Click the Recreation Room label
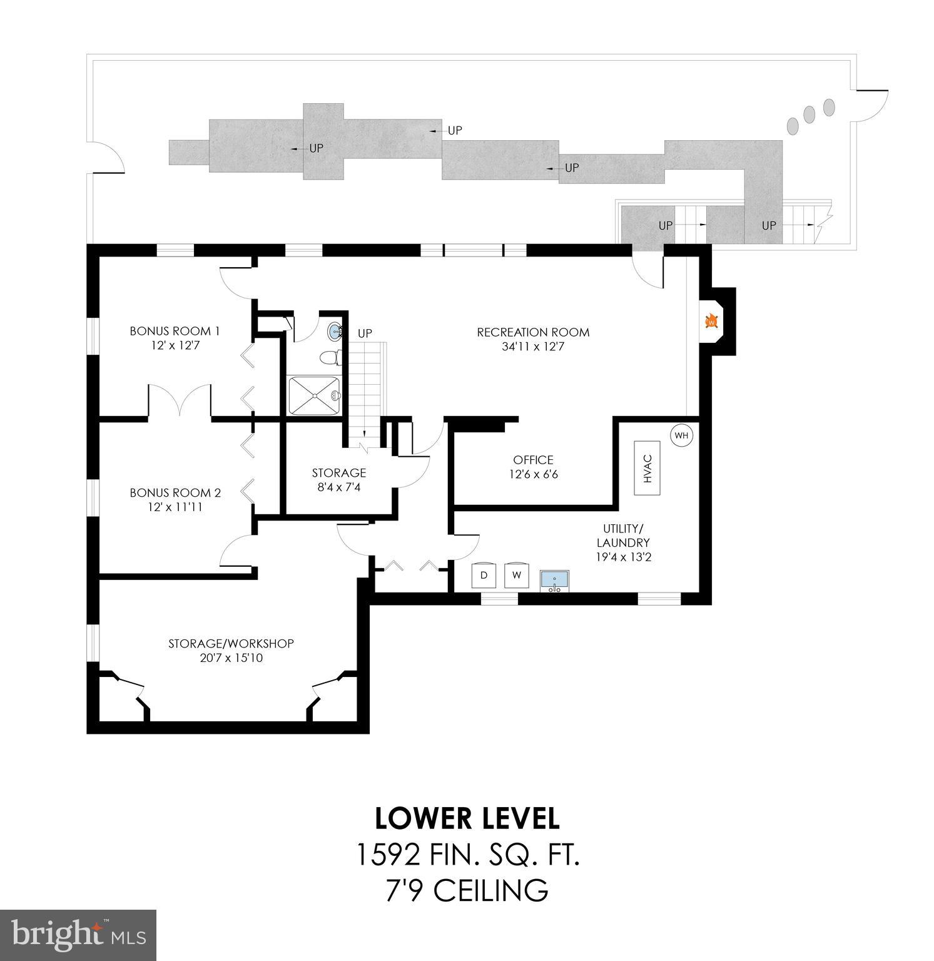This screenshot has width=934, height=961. point(533,332)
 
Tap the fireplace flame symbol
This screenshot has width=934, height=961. point(711,322)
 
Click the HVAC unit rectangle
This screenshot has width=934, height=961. point(647,468)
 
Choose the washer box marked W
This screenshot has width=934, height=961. point(516,574)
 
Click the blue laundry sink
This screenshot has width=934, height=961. point(555,580)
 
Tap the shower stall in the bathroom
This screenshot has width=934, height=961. point(313,395)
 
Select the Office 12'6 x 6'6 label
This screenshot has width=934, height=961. point(533,467)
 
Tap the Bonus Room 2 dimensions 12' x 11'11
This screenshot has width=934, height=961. point(175,507)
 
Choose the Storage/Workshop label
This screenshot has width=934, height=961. point(231,643)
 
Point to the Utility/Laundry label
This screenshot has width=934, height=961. point(623,536)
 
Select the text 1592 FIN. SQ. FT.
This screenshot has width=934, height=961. point(467,855)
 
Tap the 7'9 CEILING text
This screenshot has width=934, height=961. point(467,890)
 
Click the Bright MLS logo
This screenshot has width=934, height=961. point(78,935)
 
